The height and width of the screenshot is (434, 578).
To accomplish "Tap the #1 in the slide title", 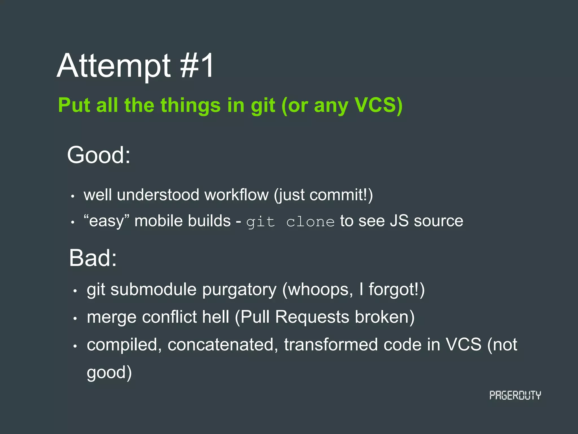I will [x=197, y=66].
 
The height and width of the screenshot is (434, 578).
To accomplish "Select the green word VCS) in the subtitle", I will [x=378, y=105].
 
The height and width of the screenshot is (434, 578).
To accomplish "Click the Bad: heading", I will [x=93, y=258].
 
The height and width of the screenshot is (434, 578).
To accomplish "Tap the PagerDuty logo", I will [x=515, y=395].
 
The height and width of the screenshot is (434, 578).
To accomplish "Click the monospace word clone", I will [x=310, y=222].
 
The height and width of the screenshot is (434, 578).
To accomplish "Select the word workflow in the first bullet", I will [x=237, y=195].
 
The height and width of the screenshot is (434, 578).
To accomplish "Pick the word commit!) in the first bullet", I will [x=341, y=195].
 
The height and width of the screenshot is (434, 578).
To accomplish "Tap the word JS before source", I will [x=399, y=221].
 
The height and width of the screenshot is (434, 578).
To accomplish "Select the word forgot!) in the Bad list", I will [x=397, y=290].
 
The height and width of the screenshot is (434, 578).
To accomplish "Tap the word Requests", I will [x=312, y=317].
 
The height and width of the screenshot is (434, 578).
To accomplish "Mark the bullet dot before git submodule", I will [x=75, y=291].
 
